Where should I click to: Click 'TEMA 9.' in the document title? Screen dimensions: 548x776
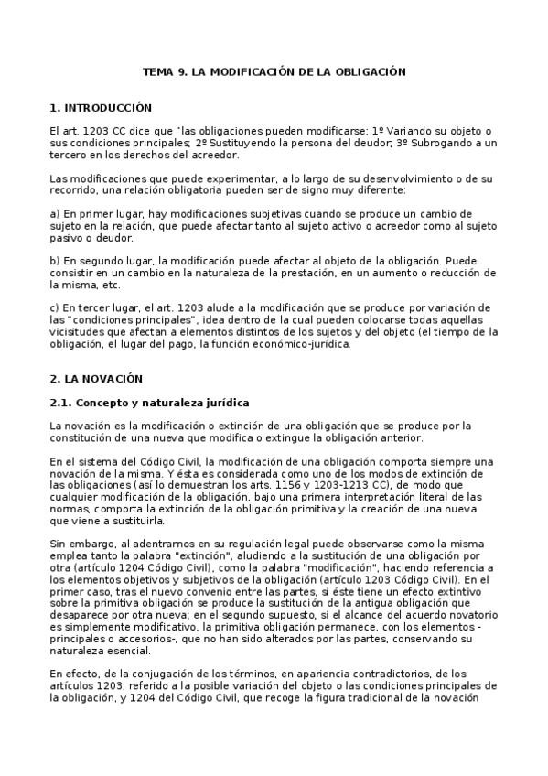(x=164, y=70)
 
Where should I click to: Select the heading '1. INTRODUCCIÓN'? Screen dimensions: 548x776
(x=101, y=107)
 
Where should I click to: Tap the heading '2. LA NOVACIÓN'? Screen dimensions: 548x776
(x=97, y=377)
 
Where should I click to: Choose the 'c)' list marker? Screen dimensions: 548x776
(x=54, y=307)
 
